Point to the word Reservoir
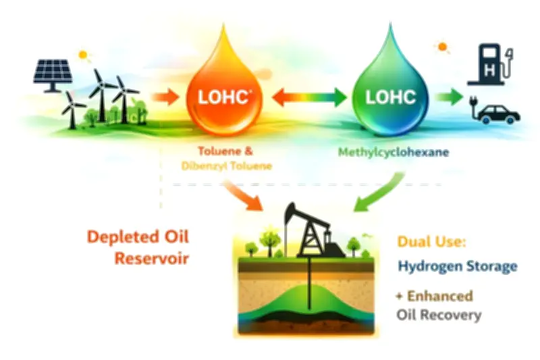(x=152, y=258)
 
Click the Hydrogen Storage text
(x=457, y=265)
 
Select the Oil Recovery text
(x=439, y=315)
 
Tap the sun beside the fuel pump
(x=443, y=47)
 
